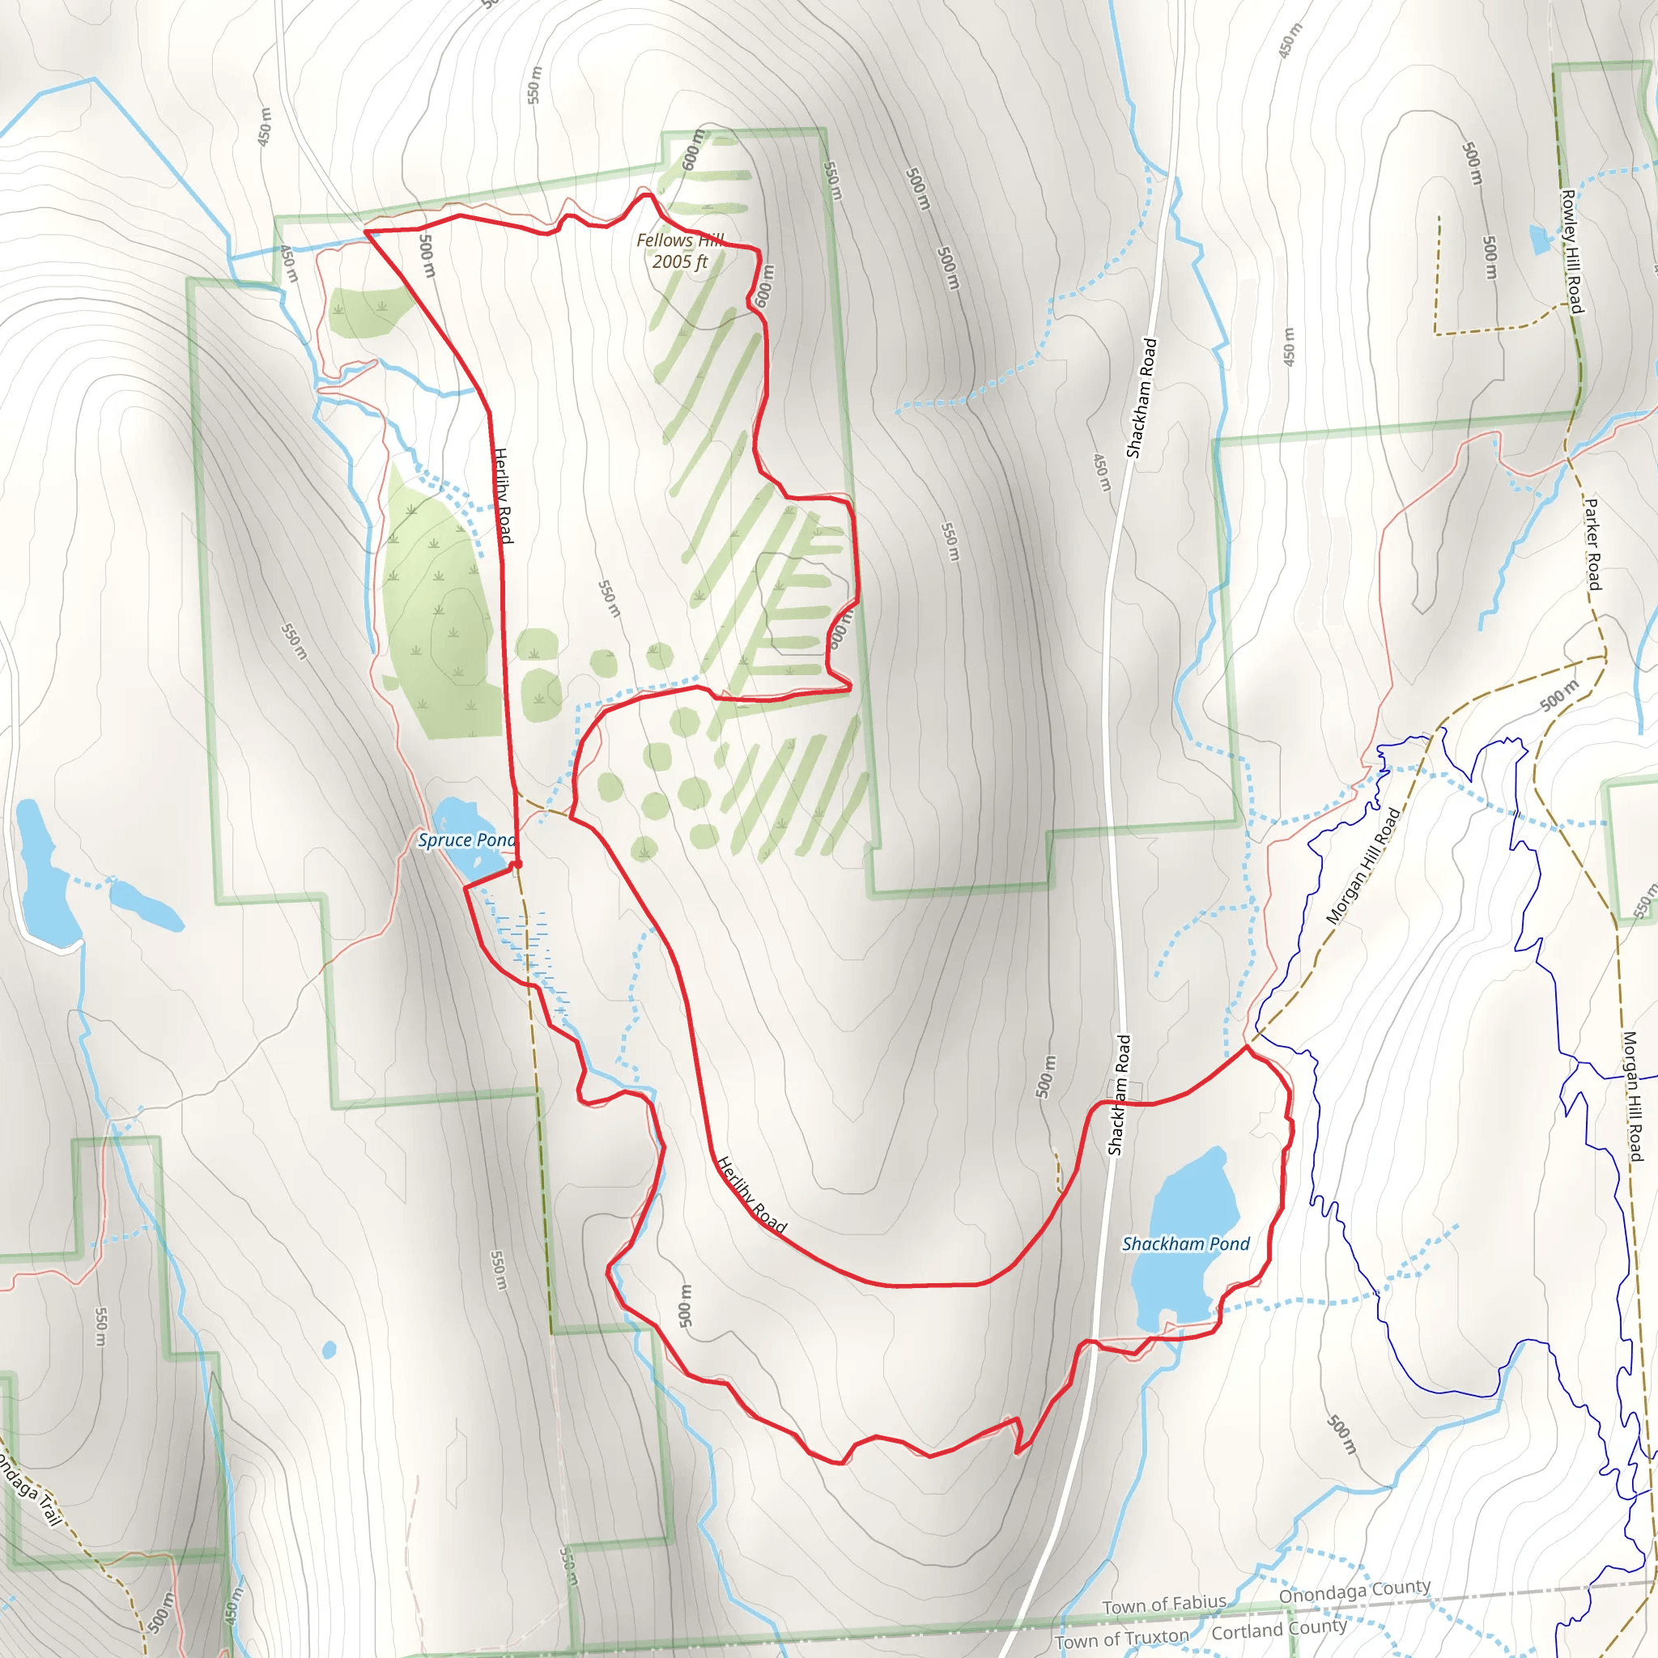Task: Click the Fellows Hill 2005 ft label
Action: tap(680, 251)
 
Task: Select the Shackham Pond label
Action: tap(1185, 1243)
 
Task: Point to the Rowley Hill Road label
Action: tap(1571, 252)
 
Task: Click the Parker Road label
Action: tap(1592, 544)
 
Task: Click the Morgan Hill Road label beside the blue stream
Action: tap(1363, 866)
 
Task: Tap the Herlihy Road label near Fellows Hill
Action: tap(503, 495)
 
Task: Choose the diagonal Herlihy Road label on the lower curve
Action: tap(751, 1195)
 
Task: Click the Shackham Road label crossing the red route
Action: tap(1119, 1095)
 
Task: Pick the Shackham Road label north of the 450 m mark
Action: tap(1141, 398)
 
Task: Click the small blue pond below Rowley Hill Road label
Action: tap(1540, 240)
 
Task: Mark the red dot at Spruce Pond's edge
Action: tap(517, 864)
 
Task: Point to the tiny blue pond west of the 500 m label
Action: tap(329, 1350)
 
